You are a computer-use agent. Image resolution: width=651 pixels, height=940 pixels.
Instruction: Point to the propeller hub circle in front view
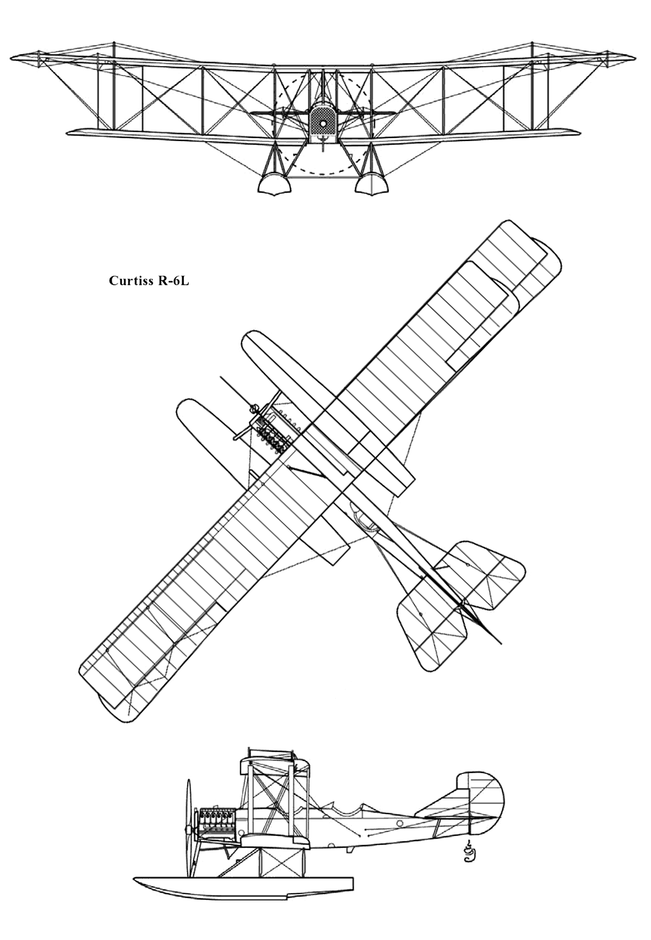[x=323, y=124]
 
